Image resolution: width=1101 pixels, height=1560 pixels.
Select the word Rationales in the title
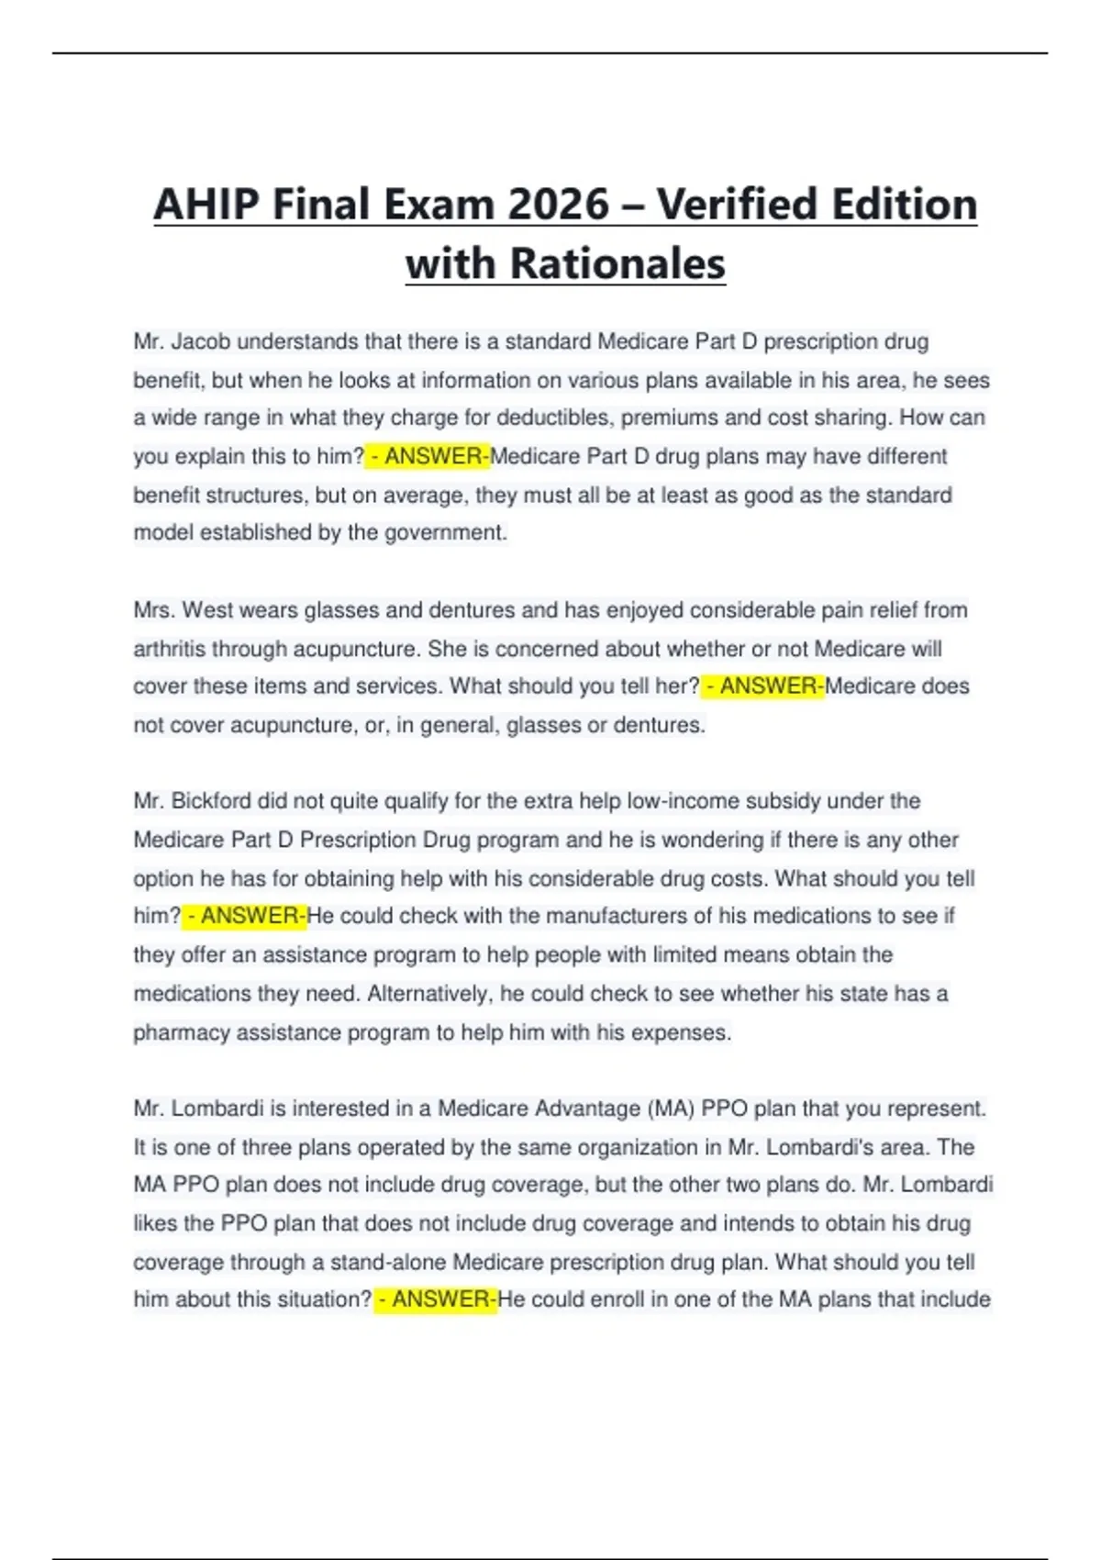tap(617, 264)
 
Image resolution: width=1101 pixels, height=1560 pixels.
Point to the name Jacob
tap(200, 342)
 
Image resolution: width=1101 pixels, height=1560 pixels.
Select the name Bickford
tap(211, 801)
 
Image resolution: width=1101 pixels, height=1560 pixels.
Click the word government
tap(445, 533)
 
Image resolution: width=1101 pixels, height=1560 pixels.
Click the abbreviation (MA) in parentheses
tap(671, 1109)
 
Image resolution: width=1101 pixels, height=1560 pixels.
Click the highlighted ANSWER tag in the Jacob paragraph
tap(428, 456)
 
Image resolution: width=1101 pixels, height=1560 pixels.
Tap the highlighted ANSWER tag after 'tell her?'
tap(762, 686)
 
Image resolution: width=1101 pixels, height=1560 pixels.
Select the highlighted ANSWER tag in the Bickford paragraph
tap(244, 916)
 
